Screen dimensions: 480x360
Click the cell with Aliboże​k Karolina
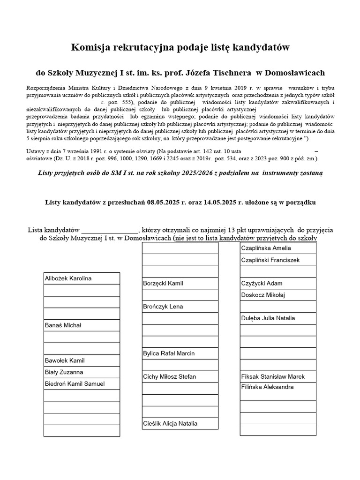tap(68, 278)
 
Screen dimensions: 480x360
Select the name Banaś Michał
tap(63, 325)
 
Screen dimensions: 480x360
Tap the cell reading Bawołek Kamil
tap(65, 360)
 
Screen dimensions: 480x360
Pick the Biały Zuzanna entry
tap(64, 372)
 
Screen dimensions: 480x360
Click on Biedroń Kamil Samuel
tap(75, 384)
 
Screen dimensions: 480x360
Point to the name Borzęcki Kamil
tap(163, 284)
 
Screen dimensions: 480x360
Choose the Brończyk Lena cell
tap(163, 307)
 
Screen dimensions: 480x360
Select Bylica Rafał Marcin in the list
tap(169, 353)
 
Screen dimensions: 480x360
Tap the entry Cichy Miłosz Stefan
tap(169, 377)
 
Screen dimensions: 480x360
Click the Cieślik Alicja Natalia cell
tap(170, 424)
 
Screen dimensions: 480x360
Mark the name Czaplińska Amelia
tap(266, 248)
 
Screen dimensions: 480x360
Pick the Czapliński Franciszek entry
tap(270, 260)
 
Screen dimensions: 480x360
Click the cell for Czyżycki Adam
tap(262, 283)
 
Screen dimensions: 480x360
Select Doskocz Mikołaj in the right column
tap(263, 295)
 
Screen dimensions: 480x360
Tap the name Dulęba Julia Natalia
tap(268, 318)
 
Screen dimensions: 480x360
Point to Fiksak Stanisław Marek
tap(273, 377)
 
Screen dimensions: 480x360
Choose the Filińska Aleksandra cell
tap(267, 387)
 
